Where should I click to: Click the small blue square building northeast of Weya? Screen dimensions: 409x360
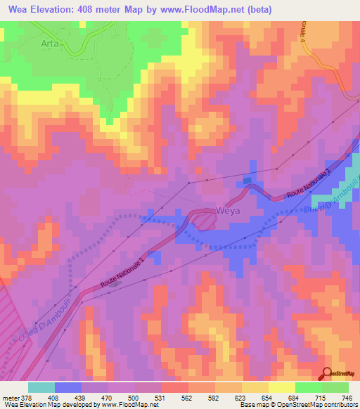tap(247, 181)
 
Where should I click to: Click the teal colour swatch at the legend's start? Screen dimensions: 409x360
tap(41, 387)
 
